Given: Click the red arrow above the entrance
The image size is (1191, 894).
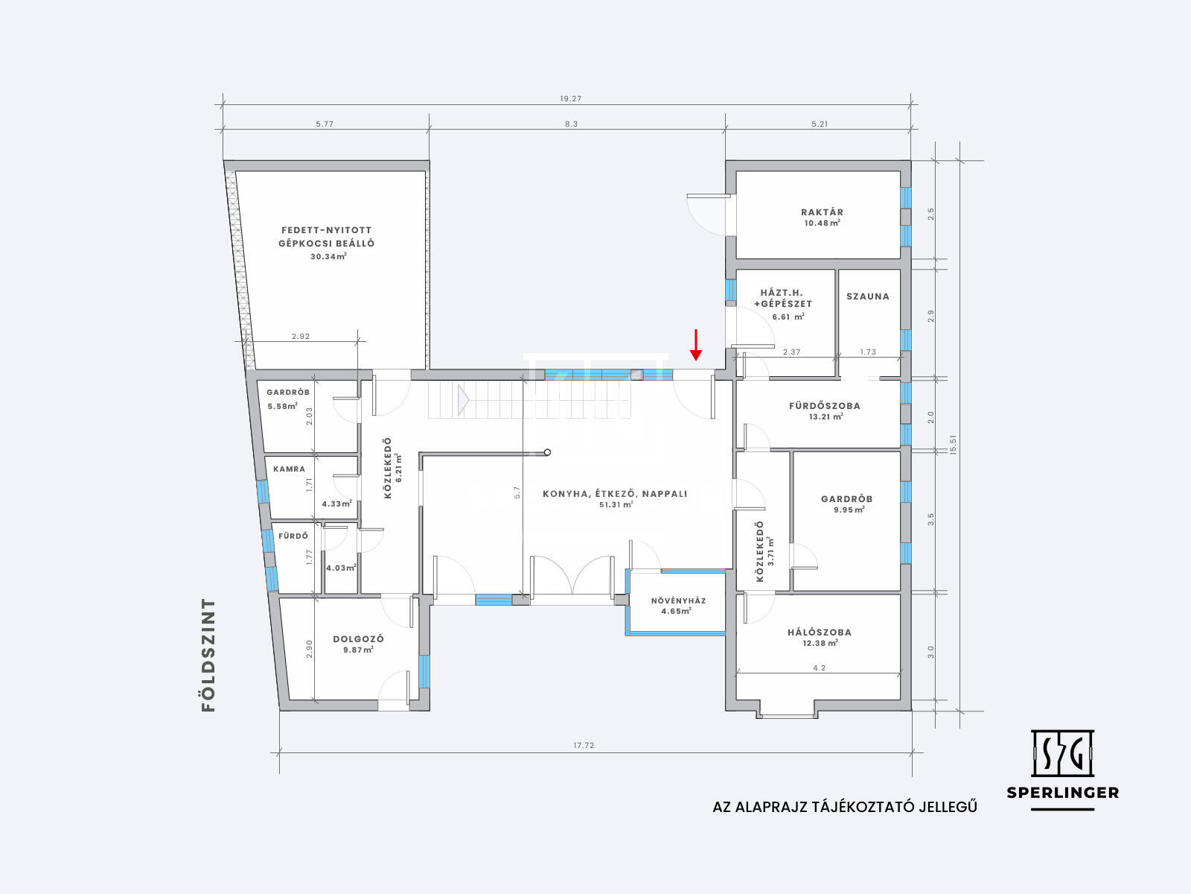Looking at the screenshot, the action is [x=695, y=345].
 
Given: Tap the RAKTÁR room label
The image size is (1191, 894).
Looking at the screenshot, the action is [x=822, y=212].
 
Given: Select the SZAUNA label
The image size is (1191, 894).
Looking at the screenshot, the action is [x=868, y=297].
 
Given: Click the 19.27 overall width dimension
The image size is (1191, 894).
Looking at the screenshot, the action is [x=570, y=99].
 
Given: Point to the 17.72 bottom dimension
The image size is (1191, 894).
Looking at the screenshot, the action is [x=584, y=745].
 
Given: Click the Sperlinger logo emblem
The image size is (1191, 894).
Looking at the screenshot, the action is [x=1062, y=753].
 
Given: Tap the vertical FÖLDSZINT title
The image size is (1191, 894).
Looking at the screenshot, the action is [x=208, y=655].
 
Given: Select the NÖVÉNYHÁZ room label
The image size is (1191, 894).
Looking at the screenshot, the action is [x=678, y=601].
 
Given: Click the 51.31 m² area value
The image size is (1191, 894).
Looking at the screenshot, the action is [x=616, y=505].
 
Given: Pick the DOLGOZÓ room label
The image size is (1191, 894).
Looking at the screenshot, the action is [x=358, y=639].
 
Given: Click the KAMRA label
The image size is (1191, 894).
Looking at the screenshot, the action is [x=290, y=469].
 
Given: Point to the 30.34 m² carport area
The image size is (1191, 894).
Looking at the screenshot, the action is [x=328, y=257].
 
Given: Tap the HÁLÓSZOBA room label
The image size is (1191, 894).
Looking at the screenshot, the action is [x=820, y=633].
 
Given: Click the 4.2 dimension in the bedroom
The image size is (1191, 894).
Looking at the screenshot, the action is [x=819, y=668].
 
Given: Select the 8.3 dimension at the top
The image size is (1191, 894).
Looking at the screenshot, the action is [x=571, y=124].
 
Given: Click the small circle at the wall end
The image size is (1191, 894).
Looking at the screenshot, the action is [x=547, y=452].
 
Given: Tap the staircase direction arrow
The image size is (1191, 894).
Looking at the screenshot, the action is [x=463, y=401].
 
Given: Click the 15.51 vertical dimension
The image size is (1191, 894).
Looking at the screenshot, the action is [x=954, y=445].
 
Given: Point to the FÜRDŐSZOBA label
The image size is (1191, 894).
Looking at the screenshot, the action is [x=824, y=405].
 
